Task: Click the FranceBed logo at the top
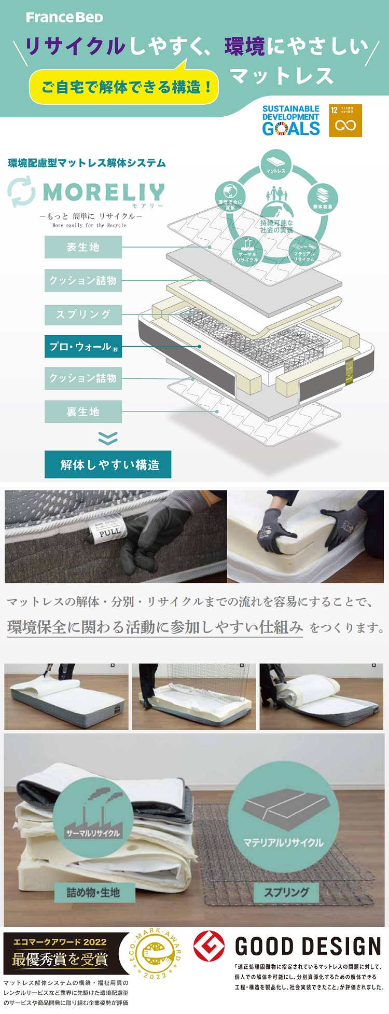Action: (x=65, y=18)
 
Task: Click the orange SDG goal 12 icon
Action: (x=345, y=120)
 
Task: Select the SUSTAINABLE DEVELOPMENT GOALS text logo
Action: (x=290, y=120)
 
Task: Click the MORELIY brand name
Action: (x=104, y=193)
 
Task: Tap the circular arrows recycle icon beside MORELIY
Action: (x=22, y=191)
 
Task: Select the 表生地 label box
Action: (x=83, y=247)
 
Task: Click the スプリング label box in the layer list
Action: (x=83, y=314)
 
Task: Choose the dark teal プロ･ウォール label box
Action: (x=83, y=347)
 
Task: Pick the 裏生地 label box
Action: (x=83, y=412)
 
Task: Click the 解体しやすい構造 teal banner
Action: (x=108, y=464)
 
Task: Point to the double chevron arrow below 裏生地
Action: (x=108, y=439)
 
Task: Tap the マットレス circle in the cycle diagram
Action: (x=276, y=165)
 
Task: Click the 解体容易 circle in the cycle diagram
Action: (x=323, y=199)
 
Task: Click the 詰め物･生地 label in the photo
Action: (x=93, y=892)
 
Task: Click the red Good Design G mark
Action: (x=209, y=946)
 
